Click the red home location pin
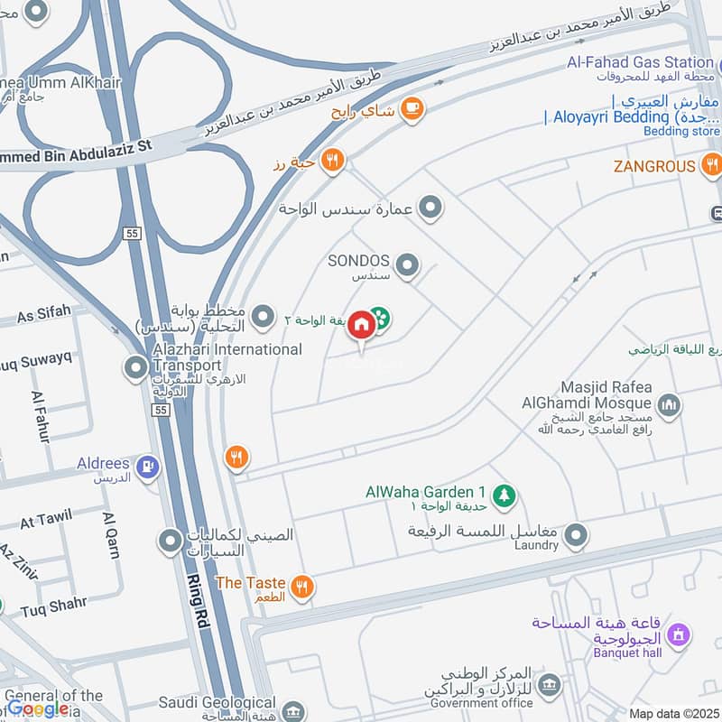361,325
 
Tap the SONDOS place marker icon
408,264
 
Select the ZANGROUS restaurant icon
711,165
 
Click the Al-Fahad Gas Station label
639,62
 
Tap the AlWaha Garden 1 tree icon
504,494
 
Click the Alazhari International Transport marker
136,367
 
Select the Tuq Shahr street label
55,603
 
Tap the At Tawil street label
45,521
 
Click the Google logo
38,709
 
